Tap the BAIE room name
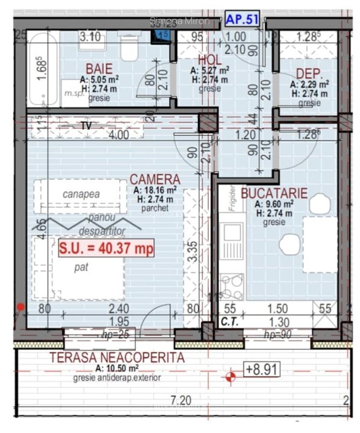(99, 68)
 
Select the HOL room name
(210, 60)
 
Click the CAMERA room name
(155, 180)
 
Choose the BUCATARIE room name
(274, 193)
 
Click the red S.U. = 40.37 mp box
(106, 248)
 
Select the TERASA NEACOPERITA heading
(117, 357)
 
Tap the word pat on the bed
(81, 268)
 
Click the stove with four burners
(231, 286)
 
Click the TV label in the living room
(86, 126)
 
